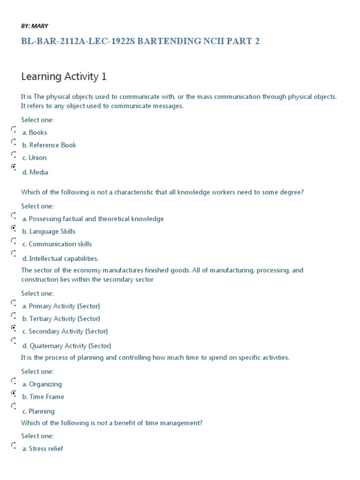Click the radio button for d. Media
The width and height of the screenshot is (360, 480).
point(14,166)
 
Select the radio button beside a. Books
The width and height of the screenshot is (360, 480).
point(14,128)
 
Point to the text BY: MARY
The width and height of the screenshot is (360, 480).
point(34,26)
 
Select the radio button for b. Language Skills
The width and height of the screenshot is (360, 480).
point(14,227)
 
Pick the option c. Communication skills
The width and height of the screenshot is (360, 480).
point(57,244)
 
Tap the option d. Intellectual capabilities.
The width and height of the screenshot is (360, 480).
point(60,259)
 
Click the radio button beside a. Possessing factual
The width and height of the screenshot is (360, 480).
point(14,215)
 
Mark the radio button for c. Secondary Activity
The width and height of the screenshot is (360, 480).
point(14,327)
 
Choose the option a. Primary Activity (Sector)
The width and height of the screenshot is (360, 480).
point(61,306)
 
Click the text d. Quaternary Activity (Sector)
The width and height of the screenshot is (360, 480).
point(67,346)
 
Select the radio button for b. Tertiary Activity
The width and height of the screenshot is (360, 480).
point(14,315)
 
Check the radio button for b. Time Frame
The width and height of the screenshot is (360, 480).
point(14,393)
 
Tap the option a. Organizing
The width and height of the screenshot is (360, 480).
point(42,384)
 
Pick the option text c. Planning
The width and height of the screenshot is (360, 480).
point(38,412)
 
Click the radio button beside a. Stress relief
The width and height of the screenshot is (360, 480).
point(14,445)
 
